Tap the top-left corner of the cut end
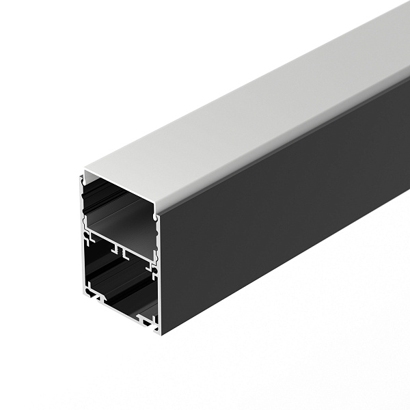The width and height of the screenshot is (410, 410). (81, 171)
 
